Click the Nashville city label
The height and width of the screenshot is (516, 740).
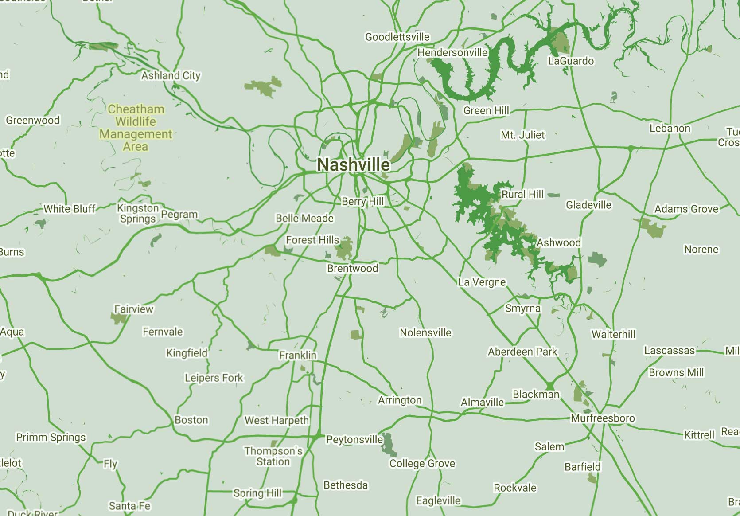tap(354, 165)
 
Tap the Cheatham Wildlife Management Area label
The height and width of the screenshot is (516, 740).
tap(136, 128)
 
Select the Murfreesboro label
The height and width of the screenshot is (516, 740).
tap(602, 418)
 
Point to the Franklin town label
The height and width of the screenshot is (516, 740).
tap(298, 355)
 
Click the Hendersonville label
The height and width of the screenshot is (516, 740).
tap(452, 52)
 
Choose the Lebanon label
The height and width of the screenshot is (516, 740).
tap(670, 129)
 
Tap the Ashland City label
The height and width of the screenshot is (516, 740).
tap(171, 75)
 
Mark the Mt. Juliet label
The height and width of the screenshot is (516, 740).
tap(522, 135)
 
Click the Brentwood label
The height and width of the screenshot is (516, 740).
tap(352, 268)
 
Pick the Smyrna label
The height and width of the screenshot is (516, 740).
tap(523, 308)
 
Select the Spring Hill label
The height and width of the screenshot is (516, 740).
tap(257, 493)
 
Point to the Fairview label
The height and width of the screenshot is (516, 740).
tap(133, 309)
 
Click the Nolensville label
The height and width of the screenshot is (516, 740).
tap(425, 332)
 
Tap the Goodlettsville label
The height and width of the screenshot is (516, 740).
tap(397, 37)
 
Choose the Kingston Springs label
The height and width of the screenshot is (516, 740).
tap(138, 213)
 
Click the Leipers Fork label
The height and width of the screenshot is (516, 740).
tap(214, 378)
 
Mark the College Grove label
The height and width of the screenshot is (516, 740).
tap(422, 463)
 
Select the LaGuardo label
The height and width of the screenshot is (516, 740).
tap(571, 61)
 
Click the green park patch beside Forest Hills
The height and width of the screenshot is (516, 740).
tap(344, 248)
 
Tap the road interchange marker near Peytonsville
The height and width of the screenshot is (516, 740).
tap(316, 436)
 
